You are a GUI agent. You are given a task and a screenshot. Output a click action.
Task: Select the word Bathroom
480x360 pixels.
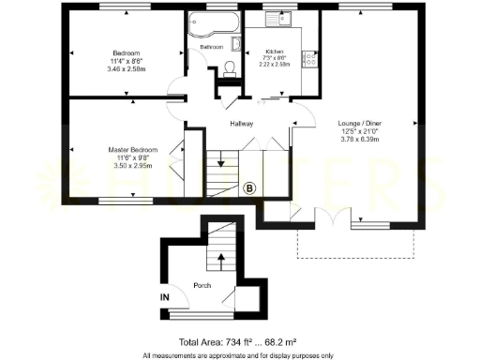tap(210, 47)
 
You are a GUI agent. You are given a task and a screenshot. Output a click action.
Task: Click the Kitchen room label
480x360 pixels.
tap(275, 52)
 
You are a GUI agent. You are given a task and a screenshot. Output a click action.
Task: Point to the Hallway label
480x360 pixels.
tap(243, 123)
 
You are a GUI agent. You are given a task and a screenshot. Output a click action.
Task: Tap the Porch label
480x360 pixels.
tap(202, 285)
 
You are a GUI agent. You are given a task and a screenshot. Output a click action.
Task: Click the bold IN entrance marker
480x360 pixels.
tap(165, 297)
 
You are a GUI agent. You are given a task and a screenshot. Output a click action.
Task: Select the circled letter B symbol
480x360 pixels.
tap(249, 188)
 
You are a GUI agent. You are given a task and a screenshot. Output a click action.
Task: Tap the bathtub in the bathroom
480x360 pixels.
tap(211, 25)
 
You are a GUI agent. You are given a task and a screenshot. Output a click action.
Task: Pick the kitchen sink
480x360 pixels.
tap(279, 20)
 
